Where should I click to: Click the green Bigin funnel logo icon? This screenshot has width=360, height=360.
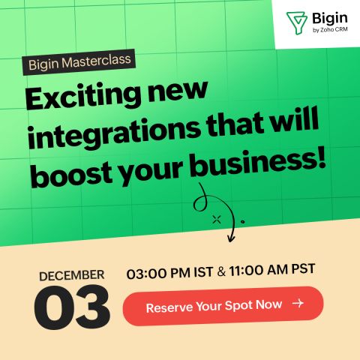(x=297, y=22)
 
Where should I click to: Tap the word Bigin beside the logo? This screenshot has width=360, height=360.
(x=330, y=19)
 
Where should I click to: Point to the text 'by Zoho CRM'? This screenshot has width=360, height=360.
(x=330, y=30)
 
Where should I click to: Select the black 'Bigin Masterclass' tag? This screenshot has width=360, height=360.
(x=79, y=62)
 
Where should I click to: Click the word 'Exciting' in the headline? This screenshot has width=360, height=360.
(x=83, y=97)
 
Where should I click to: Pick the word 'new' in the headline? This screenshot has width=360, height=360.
(x=178, y=90)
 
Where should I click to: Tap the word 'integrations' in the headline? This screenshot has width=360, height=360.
(x=114, y=134)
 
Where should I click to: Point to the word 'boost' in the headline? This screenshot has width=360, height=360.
(x=72, y=174)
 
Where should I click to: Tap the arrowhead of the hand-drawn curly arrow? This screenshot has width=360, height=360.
(x=231, y=238)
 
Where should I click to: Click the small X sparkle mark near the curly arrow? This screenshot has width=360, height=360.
(x=217, y=220)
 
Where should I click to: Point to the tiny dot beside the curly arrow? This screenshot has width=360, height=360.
(x=242, y=221)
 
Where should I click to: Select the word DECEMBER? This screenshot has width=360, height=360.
(x=72, y=275)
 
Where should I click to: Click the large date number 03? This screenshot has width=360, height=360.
(x=72, y=307)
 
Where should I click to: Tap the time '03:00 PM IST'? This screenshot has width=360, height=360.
(x=169, y=273)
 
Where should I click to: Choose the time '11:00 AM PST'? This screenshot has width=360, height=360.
(x=271, y=269)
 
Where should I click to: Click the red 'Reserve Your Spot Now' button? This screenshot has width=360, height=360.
(x=223, y=306)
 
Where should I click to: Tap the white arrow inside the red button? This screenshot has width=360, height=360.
(x=298, y=303)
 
